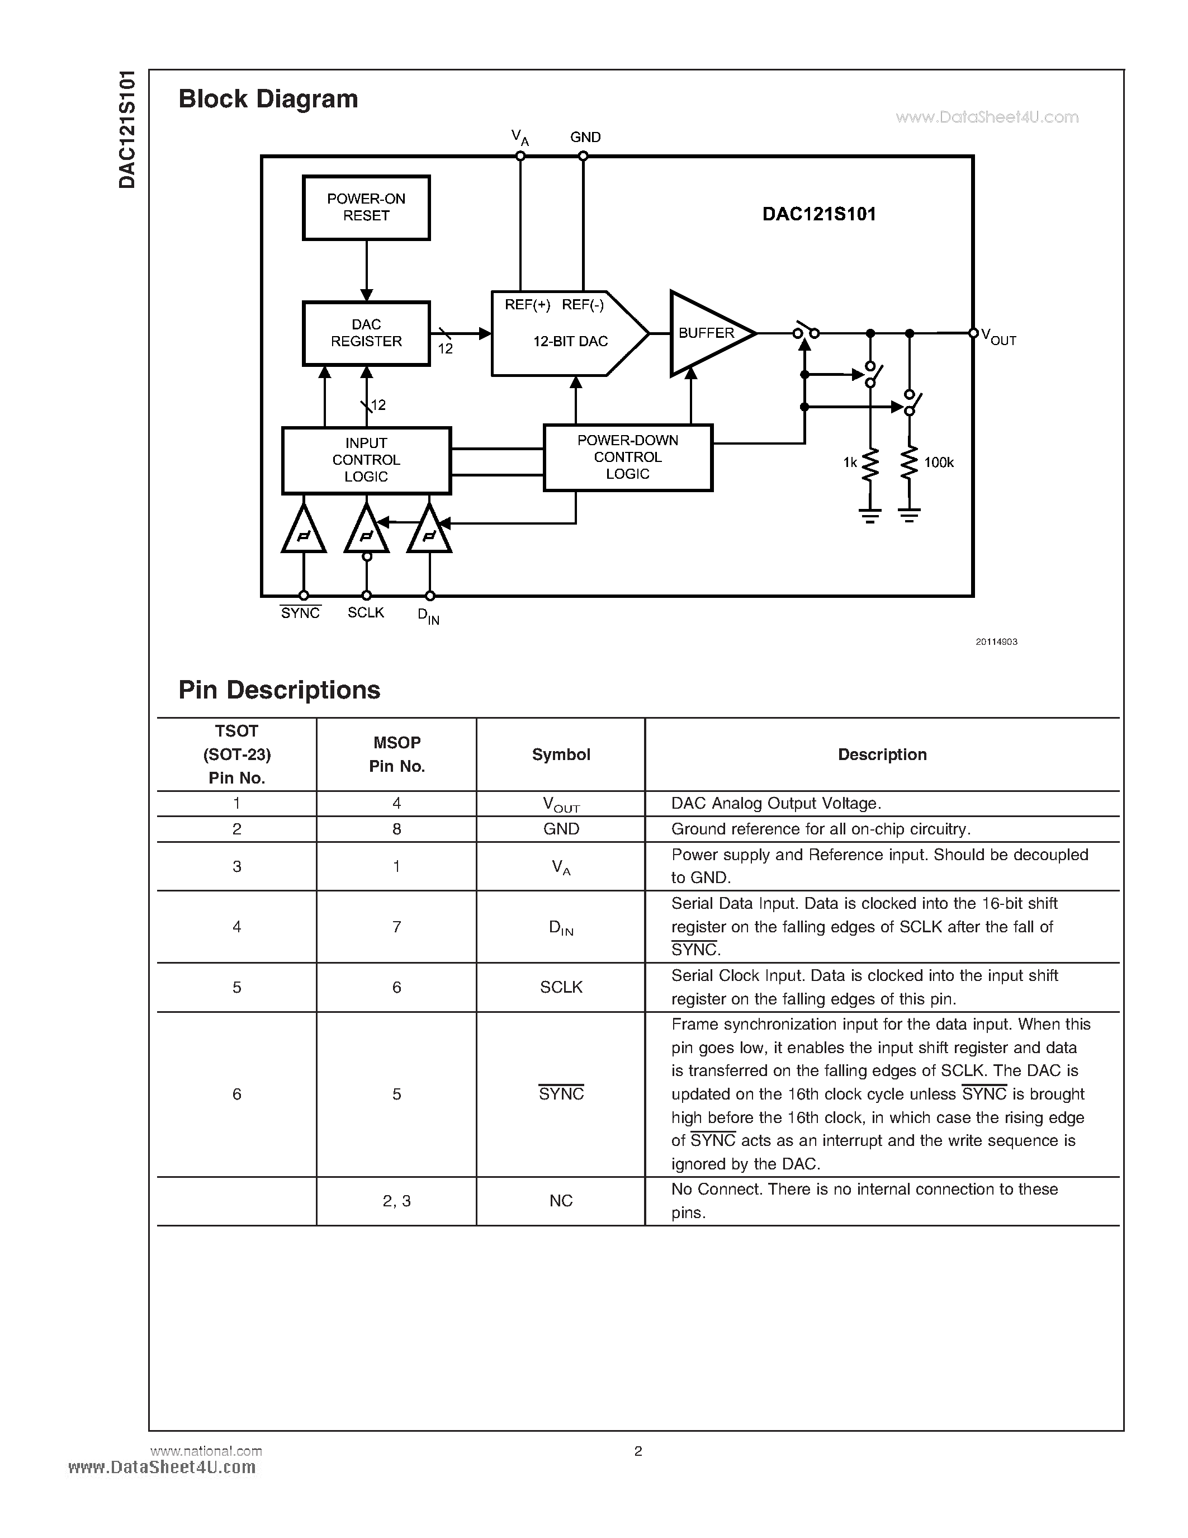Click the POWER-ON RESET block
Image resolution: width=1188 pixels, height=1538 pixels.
click(x=366, y=207)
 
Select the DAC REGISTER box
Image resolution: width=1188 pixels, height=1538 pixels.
click(x=366, y=333)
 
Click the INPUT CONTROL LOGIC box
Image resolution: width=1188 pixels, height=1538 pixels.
click(x=366, y=460)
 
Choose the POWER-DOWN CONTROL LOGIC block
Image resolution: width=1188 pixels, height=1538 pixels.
click(x=628, y=457)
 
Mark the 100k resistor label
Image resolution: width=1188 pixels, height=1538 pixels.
click(x=939, y=463)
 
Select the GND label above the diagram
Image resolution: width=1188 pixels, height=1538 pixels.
click(x=585, y=138)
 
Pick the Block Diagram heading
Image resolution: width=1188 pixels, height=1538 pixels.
click(x=268, y=98)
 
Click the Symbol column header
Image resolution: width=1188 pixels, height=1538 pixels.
click(x=561, y=754)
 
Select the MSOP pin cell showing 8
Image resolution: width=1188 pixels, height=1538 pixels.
click(x=396, y=829)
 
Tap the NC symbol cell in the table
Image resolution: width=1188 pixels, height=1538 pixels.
click(x=561, y=1201)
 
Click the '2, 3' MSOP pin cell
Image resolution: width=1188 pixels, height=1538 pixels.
click(x=396, y=1201)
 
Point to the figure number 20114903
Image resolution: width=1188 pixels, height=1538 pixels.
click(x=996, y=641)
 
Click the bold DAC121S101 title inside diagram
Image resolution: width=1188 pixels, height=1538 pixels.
click(x=818, y=214)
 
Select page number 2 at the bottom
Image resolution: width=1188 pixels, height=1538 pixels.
click(x=638, y=1451)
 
